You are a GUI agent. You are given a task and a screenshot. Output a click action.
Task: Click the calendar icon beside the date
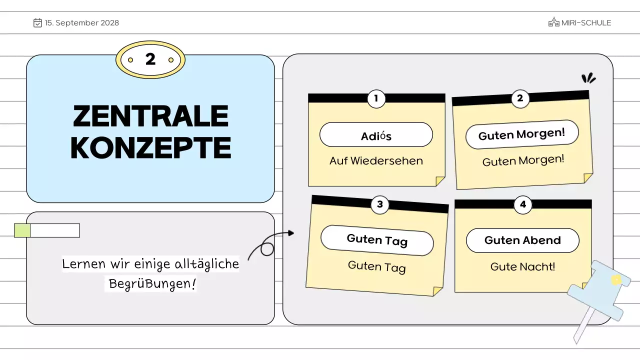tap(37, 22)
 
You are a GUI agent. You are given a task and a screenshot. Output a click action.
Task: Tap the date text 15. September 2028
tap(82, 22)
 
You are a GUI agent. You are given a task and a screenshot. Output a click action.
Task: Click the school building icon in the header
tap(553, 22)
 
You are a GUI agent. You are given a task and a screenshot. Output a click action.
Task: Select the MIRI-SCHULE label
tap(586, 22)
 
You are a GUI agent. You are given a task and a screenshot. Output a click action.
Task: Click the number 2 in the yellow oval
tap(150, 59)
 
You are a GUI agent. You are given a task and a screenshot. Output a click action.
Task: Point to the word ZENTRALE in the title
tap(150, 116)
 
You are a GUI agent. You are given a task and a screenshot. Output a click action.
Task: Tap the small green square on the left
tap(22, 230)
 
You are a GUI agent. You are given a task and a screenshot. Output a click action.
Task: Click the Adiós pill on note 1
tap(376, 135)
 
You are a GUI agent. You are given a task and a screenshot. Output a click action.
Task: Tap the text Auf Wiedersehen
tap(376, 161)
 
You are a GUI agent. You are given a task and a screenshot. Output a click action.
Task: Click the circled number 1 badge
tap(376, 98)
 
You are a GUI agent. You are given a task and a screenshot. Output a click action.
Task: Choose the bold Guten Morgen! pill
tap(522, 134)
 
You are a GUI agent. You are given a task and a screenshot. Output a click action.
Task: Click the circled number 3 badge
tap(380, 204)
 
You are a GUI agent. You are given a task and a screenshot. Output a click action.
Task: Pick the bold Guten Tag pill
tap(377, 240)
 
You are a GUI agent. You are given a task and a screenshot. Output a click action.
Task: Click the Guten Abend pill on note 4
tap(522, 240)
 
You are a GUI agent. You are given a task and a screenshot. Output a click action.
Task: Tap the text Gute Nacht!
tap(522, 266)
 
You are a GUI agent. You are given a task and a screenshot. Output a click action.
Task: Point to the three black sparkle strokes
tap(588, 78)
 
